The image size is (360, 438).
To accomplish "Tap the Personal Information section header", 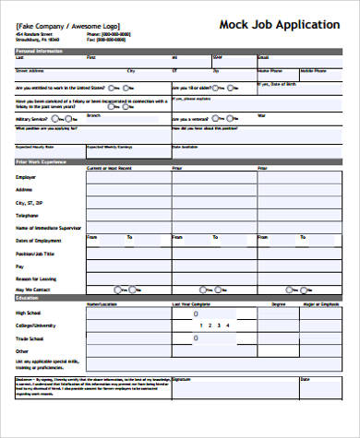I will coord(39,53).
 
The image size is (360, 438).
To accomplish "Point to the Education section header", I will coord(27,298).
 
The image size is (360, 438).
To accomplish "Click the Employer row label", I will coord(27,175).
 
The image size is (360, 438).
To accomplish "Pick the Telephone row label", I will coord(28,215).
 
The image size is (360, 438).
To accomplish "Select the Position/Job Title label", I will coord(35,253).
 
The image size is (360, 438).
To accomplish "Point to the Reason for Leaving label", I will coord(36,278).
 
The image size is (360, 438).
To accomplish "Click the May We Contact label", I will coord(31,290).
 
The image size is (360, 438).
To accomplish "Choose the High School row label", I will coord(29,313).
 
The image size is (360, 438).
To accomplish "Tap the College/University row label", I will coord(36,325).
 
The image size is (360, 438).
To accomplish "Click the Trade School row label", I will coord(30,337).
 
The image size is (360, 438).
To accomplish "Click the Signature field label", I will coord(182,380).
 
